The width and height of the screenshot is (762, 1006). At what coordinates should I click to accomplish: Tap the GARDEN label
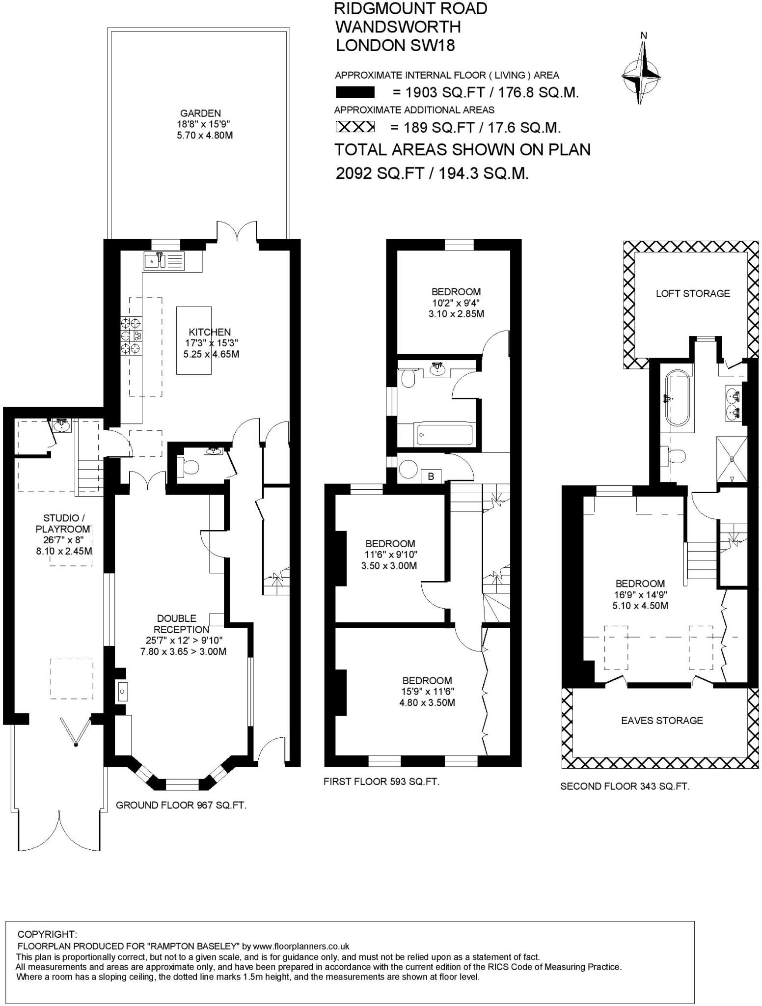200,113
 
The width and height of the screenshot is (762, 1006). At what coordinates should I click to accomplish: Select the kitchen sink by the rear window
164,261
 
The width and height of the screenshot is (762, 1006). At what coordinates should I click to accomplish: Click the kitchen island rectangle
194,340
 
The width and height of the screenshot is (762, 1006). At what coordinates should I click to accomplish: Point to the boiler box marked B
431,476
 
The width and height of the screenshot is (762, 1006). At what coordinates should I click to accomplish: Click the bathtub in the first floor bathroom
445,434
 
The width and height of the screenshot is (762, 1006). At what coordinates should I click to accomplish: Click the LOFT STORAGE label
692,294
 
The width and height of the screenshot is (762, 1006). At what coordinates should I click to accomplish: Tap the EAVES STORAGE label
662,721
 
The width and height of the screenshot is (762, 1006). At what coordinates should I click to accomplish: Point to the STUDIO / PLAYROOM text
61,523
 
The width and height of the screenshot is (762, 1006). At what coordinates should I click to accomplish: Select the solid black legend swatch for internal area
355,92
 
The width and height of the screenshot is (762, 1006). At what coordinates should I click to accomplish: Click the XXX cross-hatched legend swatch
355,127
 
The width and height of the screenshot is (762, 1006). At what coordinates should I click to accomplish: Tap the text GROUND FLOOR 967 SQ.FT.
181,805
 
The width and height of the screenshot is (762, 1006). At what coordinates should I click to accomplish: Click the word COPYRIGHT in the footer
47,934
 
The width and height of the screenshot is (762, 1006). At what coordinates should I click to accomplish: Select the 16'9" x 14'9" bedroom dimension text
640,595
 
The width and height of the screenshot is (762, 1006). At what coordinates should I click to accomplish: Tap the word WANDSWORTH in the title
398,27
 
